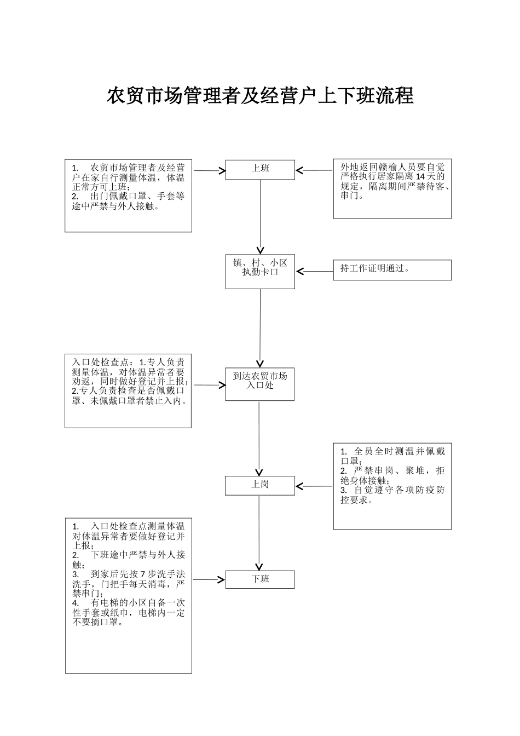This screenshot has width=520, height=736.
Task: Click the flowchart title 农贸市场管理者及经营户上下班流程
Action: (259, 95)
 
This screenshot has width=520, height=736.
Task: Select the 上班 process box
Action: (260, 169)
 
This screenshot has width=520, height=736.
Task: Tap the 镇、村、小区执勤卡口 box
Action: (260, 272)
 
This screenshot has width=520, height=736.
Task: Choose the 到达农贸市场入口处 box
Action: (260, 384)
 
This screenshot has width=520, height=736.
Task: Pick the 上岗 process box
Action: (260, 485)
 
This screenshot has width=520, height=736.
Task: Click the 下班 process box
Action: (260, 579)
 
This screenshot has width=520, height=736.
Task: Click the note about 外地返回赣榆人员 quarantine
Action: (392, 188)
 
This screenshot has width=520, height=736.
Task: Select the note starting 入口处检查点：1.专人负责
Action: (128, 390)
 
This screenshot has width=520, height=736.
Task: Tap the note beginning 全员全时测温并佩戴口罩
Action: (392, 486)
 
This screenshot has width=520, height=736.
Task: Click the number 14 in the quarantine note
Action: (421, 176)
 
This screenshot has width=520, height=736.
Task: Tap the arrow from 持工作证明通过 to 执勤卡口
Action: (314, 271)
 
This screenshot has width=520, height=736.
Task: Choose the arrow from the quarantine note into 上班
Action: (314, 170)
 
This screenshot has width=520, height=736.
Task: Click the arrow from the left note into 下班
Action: (209, 579)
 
